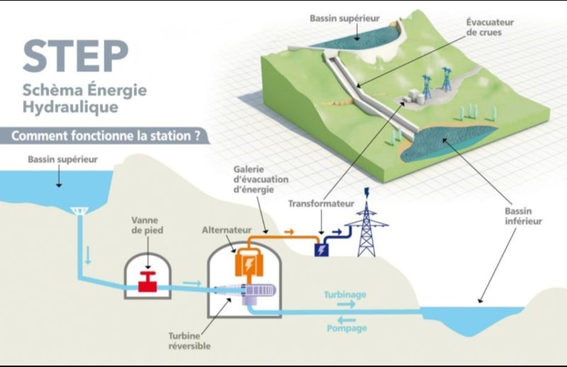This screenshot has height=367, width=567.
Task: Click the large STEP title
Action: click(x=75, y=56)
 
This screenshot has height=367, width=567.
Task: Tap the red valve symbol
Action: click(x=147, y=281)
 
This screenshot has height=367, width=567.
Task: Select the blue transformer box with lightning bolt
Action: click(x=321, y=250)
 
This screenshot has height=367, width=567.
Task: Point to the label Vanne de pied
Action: click(x=147, y=225)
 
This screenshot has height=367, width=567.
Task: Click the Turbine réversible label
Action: click(x=189, y=341)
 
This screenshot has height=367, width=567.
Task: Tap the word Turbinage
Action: click(x=345, y=295)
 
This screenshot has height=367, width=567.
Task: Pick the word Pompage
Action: click(x=347, y=328)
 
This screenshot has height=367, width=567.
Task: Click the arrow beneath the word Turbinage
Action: click(x=347, y=304)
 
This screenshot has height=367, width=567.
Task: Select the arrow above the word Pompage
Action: click(x=347, y=319)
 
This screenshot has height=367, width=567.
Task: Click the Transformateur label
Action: click(x=321, y=203)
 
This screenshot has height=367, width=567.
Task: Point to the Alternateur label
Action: click(x=226, y=230)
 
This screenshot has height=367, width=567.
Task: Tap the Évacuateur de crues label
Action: click(x=489, y=27)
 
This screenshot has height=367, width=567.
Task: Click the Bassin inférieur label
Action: click(x=523, y=216)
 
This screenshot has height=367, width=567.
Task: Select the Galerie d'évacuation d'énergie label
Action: click(x=261, y=179)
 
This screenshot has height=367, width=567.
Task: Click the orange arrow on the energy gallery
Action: click(x=289, y=232)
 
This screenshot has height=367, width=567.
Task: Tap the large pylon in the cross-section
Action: click(x=367, y=226)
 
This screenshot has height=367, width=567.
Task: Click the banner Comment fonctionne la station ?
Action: click(x=106, y=136)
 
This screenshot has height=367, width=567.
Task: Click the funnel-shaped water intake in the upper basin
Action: click(x=78, y=211)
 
